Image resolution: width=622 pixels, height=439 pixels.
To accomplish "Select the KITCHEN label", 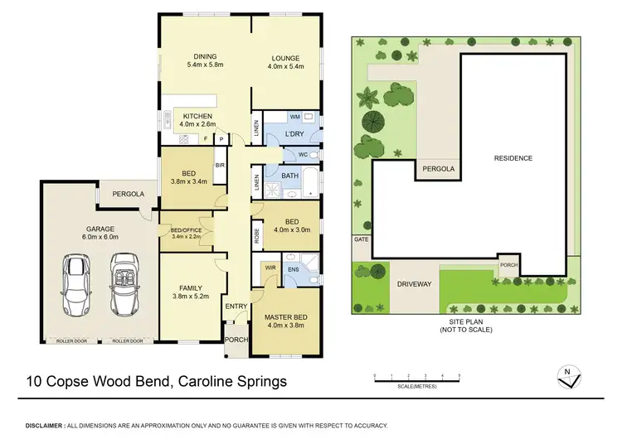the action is point(197,116).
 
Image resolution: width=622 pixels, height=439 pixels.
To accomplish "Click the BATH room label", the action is point(290,175).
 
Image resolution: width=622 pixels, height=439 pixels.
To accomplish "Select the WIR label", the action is point(271,268).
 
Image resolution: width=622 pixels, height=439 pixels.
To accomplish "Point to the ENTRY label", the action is point(236,307).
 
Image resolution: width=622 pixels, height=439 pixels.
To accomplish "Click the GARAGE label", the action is point(99,229).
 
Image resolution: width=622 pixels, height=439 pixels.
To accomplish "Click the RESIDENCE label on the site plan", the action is point(513,157).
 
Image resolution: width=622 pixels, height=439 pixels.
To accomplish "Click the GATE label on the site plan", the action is point(360,239).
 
